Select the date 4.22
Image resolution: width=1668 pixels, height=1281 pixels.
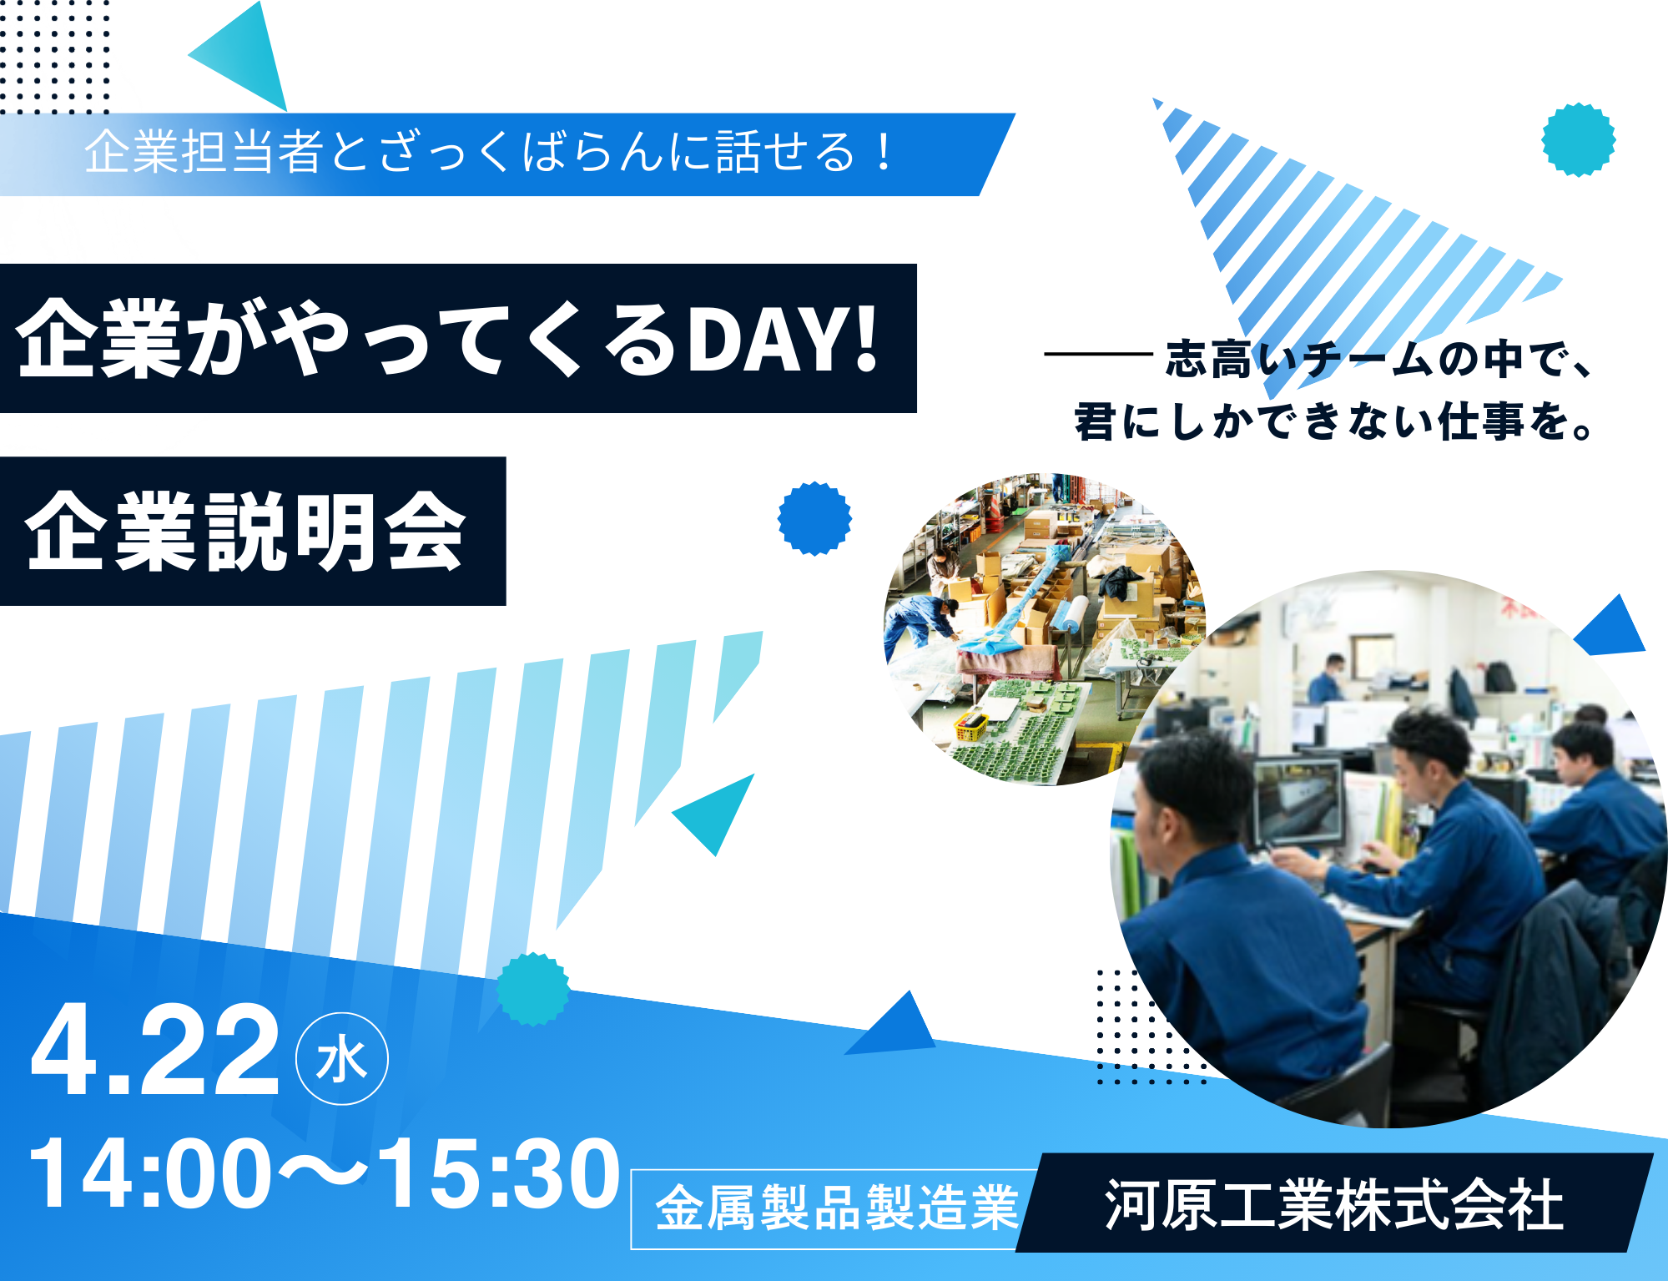point(155,1052)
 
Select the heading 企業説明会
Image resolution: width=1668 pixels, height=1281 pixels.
point(245,532)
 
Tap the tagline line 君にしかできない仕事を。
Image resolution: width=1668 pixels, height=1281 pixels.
point(1333,421)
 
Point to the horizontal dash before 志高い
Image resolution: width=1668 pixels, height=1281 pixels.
point(1098,355)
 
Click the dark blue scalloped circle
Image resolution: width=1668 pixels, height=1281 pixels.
point(814,518)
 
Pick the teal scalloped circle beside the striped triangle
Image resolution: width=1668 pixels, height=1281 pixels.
point(1578,139)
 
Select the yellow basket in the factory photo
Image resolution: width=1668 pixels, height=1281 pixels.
point(971,725)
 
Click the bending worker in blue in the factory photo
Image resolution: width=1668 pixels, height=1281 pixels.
point(918,622)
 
